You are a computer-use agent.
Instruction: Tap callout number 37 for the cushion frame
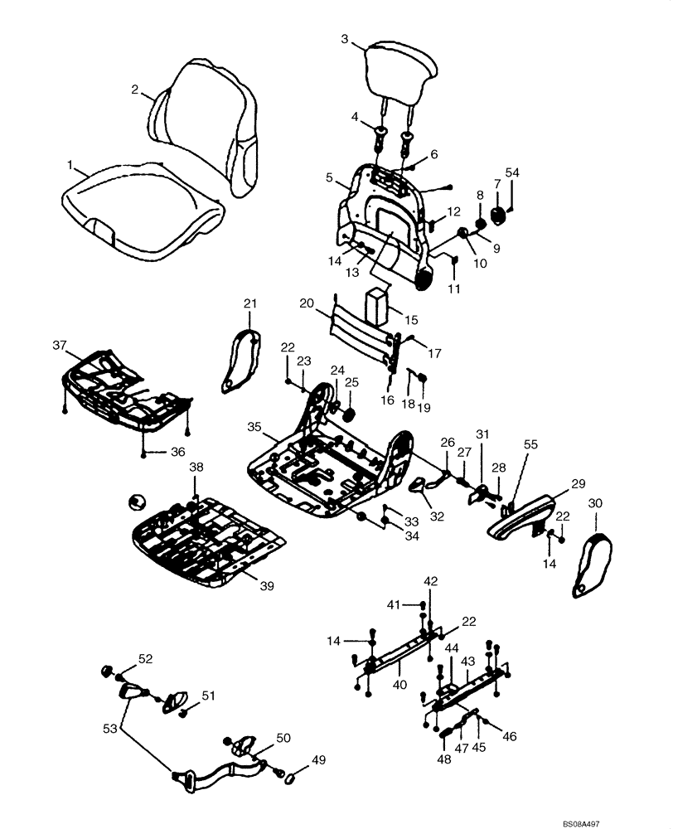58,345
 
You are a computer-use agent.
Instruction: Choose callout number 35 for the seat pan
254,427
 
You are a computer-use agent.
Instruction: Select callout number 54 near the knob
512,172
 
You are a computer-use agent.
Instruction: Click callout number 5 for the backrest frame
329,177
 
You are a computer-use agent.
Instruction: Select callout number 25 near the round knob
351,382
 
